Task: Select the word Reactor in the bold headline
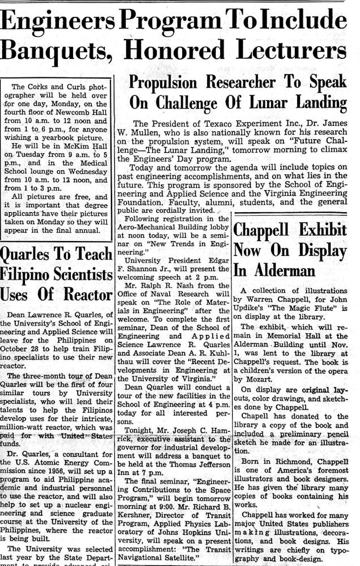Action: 85,294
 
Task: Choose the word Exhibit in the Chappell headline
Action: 319,230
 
